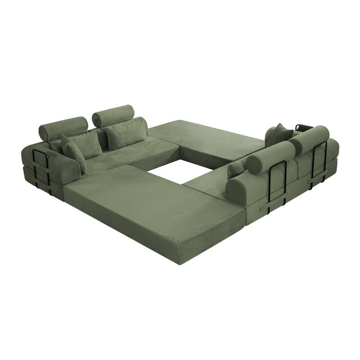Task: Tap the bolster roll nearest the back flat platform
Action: pos(114,115)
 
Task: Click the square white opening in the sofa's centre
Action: pos(180,171)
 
